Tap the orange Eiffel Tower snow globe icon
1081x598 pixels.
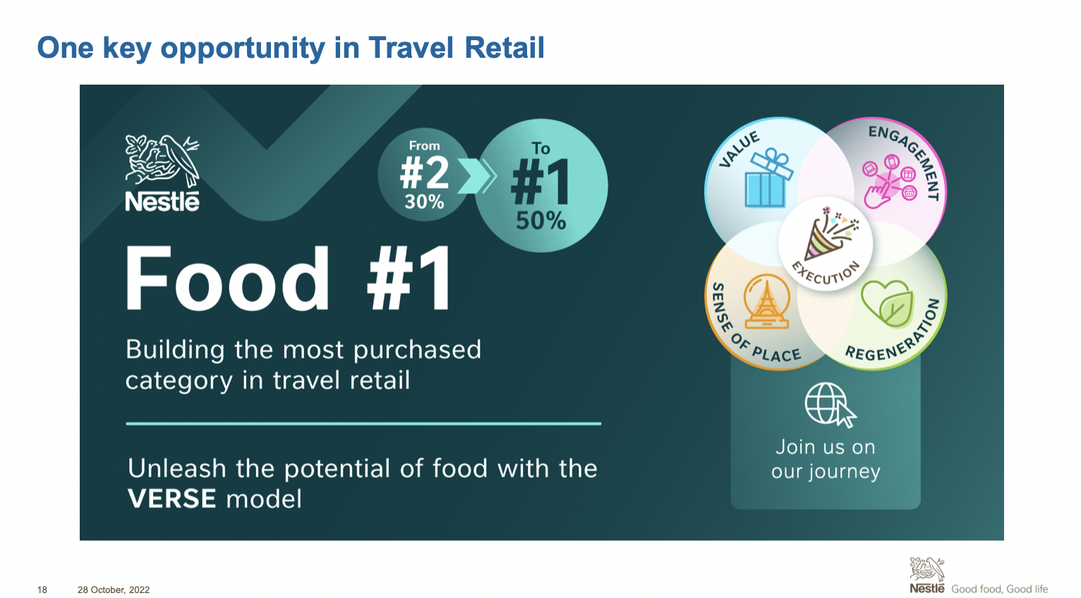[x=766, y=301]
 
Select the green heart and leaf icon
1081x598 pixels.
[x=887, y=303]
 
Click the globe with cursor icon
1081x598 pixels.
[x=830, y=405]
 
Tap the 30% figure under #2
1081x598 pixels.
[x=424, y=202]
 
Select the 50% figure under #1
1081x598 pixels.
[x=540, y=221]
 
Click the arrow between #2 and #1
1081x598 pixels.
[x=476, y=176]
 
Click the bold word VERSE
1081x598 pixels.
[x=171, y=499]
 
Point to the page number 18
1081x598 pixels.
[x=42, y=590]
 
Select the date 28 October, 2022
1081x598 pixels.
[x=114, y=590]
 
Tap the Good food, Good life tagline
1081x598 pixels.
[x=999, y=589]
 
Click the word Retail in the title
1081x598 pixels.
[x=505, y=48]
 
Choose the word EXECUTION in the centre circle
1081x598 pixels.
[x=827, y=274]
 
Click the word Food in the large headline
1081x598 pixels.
[x=227, y=279]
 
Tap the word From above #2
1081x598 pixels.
[x=424, y=146]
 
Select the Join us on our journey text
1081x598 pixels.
[x=826, y=459]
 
